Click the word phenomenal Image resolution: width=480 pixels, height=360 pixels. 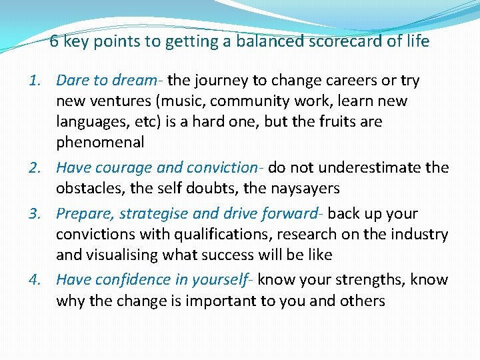(100, 142)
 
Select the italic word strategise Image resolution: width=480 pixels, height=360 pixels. (151, 214)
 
